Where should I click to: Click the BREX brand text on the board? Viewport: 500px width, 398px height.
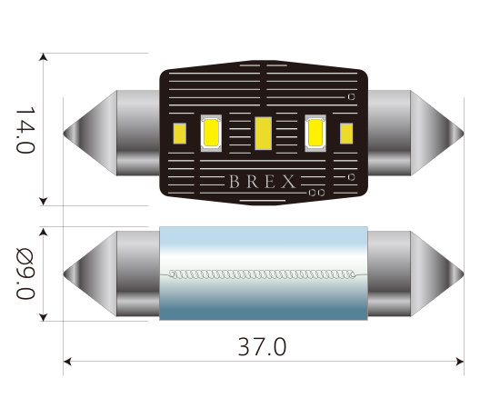262,182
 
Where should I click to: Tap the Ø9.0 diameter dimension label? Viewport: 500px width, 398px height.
25,273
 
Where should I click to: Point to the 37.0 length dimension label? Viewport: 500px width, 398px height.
262,347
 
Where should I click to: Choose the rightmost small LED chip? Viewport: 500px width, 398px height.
346,133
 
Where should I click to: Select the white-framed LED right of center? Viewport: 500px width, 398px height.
316,133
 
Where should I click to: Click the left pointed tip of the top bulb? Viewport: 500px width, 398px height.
65,134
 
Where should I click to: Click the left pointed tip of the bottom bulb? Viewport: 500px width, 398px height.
65,274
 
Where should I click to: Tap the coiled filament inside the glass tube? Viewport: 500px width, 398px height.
264,274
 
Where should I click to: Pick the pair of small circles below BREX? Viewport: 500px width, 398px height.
315,194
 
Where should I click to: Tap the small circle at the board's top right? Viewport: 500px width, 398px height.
351,96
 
